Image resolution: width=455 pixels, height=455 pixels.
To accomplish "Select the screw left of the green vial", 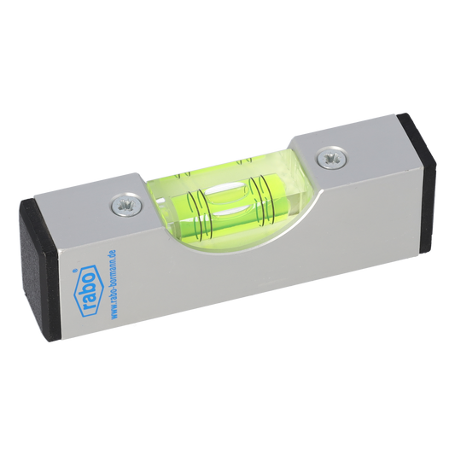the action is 128,203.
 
